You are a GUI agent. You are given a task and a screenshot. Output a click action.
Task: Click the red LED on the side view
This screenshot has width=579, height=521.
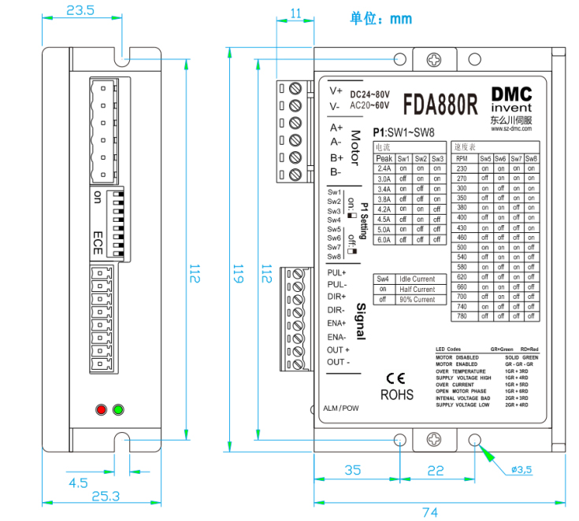coord(100,409)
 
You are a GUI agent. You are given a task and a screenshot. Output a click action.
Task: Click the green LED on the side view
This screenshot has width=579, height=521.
coord(118,409)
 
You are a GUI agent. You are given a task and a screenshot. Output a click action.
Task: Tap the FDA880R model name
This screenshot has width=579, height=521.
coord(440,105)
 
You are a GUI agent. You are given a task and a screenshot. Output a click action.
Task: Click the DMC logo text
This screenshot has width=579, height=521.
coord(510,92)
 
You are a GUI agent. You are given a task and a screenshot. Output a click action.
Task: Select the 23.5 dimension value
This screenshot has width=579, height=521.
coord(80,10)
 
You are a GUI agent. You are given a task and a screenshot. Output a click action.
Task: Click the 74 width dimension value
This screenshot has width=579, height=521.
coord(430,512)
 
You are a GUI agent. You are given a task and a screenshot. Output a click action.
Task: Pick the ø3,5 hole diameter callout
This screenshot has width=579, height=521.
coord(521,470)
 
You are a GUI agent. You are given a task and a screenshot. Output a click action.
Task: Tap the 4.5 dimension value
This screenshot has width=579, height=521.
coord(78,482)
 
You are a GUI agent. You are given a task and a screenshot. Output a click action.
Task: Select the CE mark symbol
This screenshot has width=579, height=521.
coord(395,377)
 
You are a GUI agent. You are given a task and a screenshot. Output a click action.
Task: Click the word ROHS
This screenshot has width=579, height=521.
coord(396,394)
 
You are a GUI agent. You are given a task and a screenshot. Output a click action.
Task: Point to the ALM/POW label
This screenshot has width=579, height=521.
coord(341,409)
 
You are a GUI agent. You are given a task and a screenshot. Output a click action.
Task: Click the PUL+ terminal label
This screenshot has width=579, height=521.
coord(337,272)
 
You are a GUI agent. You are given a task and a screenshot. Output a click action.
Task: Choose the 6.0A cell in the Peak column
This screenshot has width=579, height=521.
coord(384,240)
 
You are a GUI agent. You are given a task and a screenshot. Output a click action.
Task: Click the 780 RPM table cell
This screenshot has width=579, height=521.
coord(462,316)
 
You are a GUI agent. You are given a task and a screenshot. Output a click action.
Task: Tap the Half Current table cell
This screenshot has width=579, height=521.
coord(417,289)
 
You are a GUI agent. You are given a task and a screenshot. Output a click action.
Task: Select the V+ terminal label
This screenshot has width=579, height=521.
coord(336,90)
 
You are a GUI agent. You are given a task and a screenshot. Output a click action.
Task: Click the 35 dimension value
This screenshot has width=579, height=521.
coord(353,470)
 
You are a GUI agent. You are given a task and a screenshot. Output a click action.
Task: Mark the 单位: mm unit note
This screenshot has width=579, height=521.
coord(381,18)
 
